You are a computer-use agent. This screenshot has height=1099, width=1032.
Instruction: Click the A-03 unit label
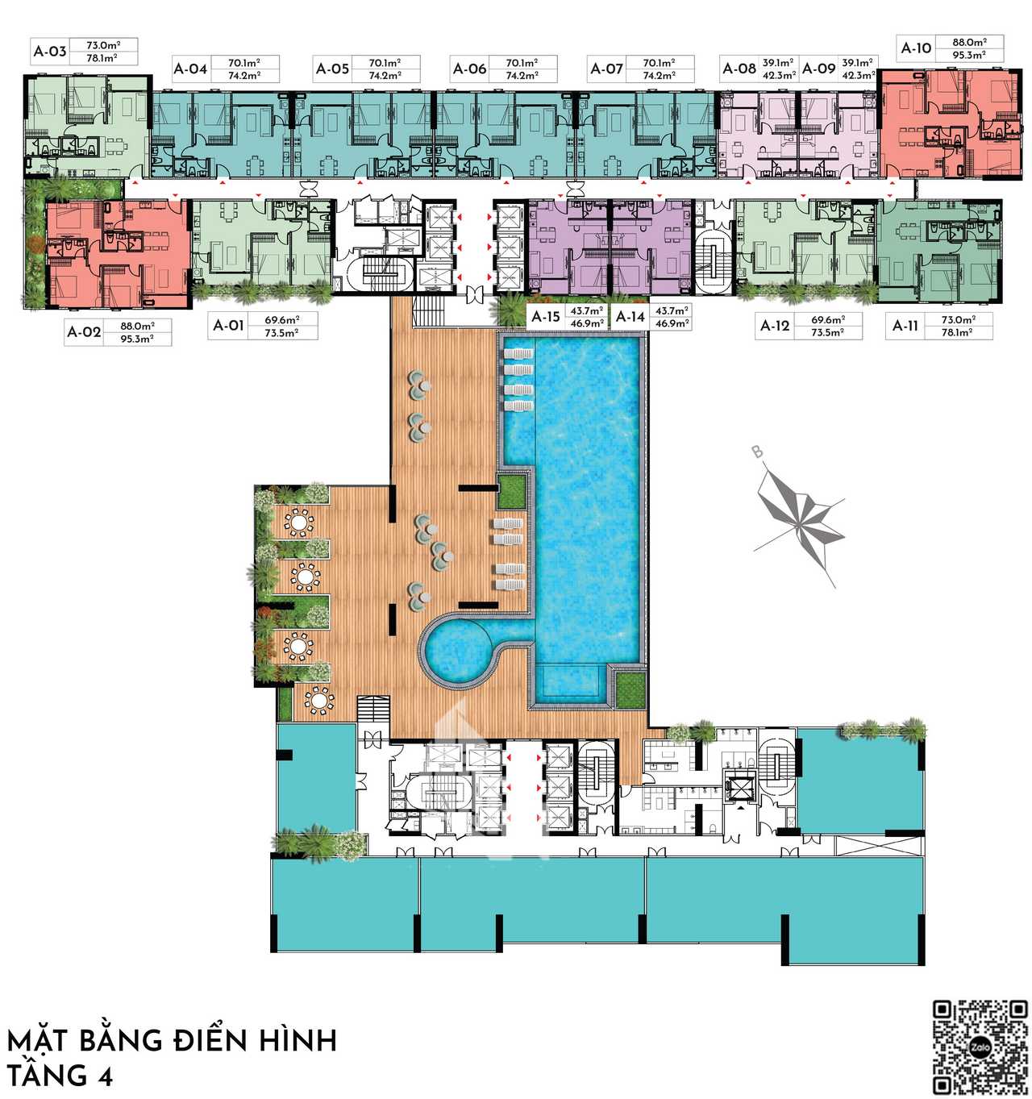tap(50, 52)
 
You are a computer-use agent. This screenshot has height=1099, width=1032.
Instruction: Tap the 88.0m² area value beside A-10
tap(969, 42)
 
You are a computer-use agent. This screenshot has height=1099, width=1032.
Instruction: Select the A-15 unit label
tap(545, 317)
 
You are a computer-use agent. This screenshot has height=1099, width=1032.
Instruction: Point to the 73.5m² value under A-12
tap(827, 332)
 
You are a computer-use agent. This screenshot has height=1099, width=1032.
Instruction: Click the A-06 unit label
tap(469, 69)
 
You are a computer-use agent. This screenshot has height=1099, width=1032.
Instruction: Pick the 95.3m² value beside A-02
tap(137, 339)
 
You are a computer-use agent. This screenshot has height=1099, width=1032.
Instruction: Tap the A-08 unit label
tap(739, 69)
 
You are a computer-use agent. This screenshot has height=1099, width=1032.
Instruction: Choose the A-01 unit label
tap(228, 326)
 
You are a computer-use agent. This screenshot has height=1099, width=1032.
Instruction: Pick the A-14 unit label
tap(630, 317)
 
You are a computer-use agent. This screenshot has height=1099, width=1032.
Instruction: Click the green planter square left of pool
tap(510, 491)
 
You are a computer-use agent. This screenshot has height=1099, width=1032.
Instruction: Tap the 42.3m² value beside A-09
tap(857, 75)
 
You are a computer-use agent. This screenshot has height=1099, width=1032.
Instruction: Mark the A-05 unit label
tap(332, 69)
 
